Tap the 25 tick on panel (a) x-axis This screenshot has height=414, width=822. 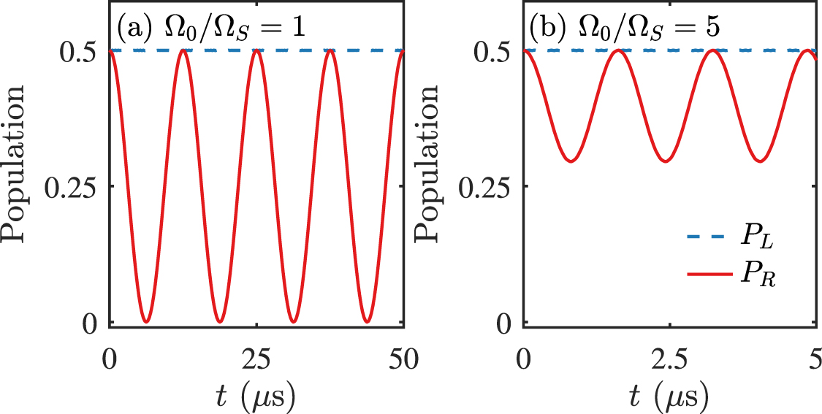[x=256, y=359]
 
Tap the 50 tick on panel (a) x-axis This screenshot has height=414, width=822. [x=403, y=359]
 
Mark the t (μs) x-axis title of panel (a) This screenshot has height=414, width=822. [x=256, y=396]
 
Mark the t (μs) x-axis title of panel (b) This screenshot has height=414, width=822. [x=669, y=396]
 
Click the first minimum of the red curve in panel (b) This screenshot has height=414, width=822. [x=571, y=161]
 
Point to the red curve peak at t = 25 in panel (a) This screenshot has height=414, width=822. [x=256, y=50]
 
